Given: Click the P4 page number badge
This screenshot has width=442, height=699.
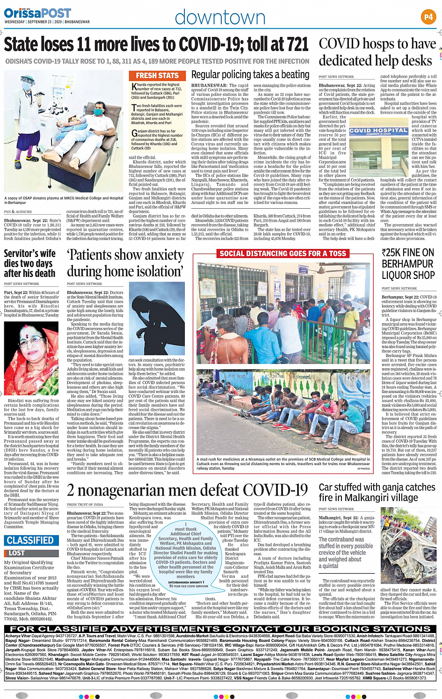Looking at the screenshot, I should tap(428, 17).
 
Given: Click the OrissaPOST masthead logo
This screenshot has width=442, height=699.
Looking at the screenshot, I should tap(37, 14).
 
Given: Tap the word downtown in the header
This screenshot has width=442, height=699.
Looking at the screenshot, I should tap(220, 17).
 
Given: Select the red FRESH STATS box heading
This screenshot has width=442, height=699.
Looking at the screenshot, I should tap(157, 75).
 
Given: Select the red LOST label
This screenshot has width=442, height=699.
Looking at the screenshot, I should tap(16, 553).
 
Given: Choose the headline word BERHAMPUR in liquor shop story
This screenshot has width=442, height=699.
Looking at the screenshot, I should tap(408, 264).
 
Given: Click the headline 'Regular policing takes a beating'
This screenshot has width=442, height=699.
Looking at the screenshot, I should tap(250, 75).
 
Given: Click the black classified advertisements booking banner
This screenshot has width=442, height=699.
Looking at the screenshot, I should tap(220, 629).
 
